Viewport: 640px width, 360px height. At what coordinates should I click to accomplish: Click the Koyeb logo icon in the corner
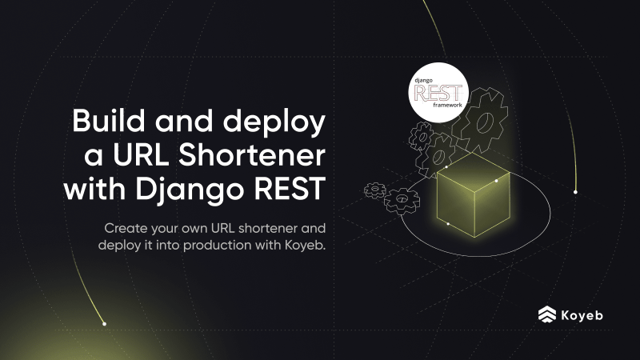tap(548, 314)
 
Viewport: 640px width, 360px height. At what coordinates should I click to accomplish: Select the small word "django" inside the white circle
tap(423, 80)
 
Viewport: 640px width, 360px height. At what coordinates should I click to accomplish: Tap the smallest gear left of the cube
tap(374, 190)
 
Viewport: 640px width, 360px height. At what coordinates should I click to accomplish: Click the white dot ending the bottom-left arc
tap(104, 324)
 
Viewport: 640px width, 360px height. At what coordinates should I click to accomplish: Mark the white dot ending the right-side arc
tap(575, 192)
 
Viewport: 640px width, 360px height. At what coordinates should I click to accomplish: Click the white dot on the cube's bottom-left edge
tap(448, 223)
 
